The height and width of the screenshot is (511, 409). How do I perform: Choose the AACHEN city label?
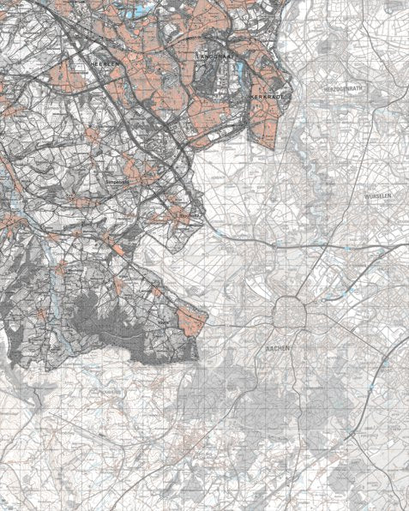point(280,349)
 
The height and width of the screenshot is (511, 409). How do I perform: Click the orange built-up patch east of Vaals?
point(195,321)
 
